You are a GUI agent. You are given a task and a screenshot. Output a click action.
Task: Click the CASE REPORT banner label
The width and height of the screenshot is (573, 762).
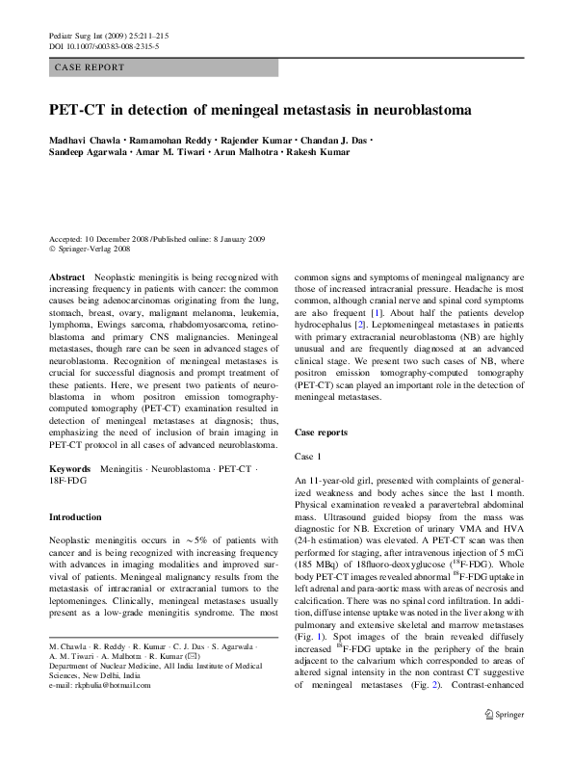[x=89, y=67]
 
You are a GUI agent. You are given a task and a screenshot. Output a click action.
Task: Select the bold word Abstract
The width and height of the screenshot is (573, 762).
[x=67, y=276]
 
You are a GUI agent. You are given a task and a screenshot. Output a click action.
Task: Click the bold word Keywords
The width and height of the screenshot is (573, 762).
[x=71, y=467]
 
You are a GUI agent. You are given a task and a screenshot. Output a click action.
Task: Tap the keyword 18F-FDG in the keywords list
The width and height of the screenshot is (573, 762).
[x=69, y=480]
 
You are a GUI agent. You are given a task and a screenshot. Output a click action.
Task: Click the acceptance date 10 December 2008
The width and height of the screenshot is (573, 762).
[x=124, y=238]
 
